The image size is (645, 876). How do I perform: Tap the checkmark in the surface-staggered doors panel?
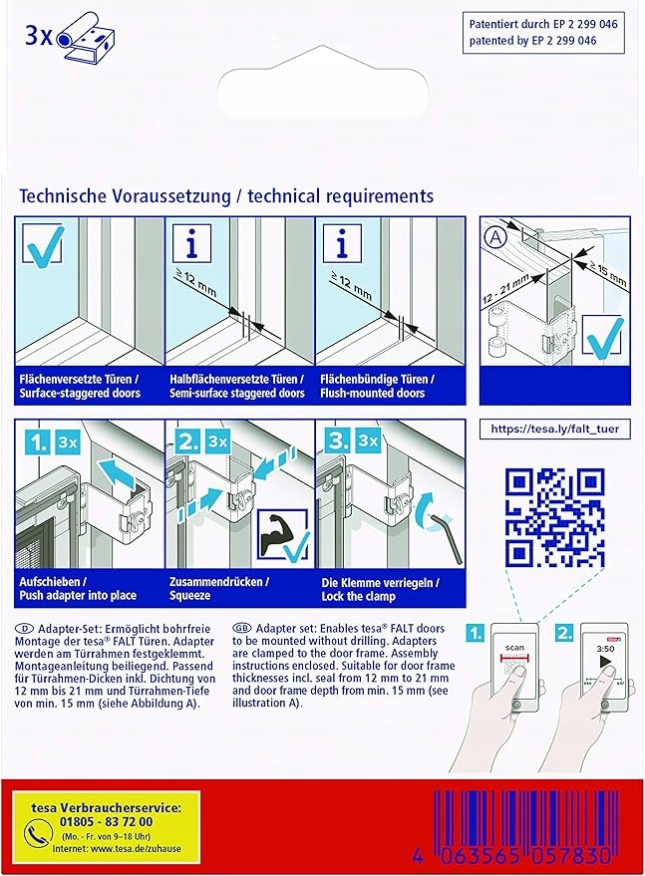pyautogui.click(x=42, y=245)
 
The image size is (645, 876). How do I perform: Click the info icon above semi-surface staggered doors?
pyautogui.click(x=190, y=242)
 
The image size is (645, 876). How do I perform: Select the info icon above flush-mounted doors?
pyautogui.click(x=342, y=242)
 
